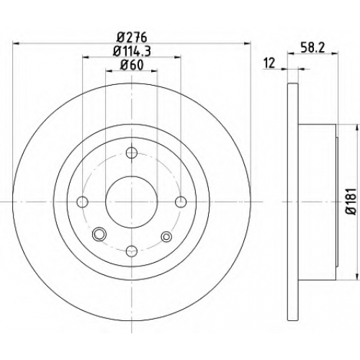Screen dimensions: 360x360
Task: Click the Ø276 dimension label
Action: click(132, 37)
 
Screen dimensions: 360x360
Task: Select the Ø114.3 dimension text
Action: click(132, 51)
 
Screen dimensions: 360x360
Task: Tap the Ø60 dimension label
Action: click(132, 65)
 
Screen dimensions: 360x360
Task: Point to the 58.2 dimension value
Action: click(312, 48)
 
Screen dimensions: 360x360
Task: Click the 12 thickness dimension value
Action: click(269, 63)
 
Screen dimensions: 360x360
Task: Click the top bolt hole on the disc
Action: click(132, 153)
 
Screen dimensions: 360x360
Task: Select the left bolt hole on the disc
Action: click(82, 202)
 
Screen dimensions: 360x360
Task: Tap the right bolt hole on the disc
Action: click(181, 202)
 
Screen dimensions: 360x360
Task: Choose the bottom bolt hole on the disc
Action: click(132, 251)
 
